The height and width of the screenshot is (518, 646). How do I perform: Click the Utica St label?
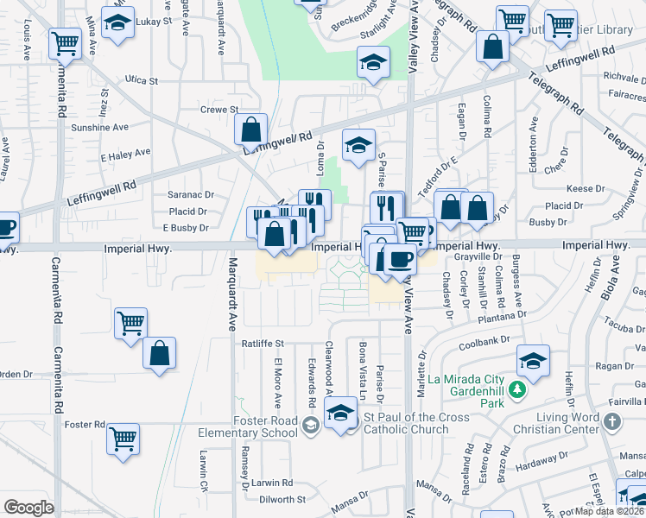pos(142,81)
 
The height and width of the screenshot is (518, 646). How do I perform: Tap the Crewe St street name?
pos(218,110)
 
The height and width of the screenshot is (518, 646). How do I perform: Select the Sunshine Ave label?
pos(100,127)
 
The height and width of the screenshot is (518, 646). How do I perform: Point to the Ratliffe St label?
pos(262,344)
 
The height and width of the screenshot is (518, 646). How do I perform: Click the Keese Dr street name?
pos(586,188)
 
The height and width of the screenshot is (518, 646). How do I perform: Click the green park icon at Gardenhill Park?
pos(517,391)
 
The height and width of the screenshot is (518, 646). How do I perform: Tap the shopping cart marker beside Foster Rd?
pos(123,437)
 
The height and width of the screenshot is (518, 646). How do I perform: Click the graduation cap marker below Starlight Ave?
pos(373,61)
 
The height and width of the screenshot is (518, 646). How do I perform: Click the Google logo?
pos(28,508)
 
